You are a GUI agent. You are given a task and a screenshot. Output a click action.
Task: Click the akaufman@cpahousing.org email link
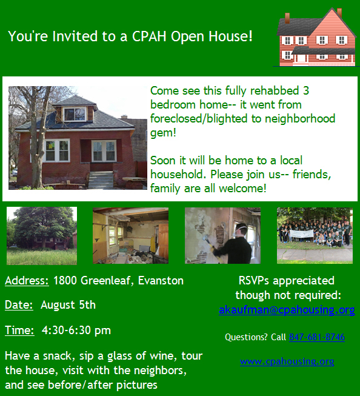[287, 310]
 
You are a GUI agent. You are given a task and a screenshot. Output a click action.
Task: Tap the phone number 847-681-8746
[317, 337]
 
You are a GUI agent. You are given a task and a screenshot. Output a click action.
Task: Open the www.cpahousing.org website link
[287, 361]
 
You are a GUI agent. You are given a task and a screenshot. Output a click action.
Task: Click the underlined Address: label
[27, 281]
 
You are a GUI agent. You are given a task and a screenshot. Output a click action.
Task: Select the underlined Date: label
[19, 305]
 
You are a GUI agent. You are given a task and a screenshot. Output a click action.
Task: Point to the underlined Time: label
[19, 331]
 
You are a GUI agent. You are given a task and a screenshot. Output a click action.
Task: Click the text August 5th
[68, 305]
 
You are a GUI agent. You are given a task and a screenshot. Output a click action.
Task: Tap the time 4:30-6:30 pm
[76, 331]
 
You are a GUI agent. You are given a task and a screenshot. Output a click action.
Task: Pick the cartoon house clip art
[316, 38]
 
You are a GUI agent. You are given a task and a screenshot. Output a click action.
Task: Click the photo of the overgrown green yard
[41, 236]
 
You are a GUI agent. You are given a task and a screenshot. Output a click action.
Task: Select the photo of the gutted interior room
[130, 236]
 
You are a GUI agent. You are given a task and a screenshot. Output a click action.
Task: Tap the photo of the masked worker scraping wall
[222, 236]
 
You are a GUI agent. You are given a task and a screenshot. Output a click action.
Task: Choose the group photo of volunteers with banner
[315, 236]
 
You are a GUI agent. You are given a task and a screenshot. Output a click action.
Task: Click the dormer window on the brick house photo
[75, 113]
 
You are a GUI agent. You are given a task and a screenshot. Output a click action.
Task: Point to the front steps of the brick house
[101, 180]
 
